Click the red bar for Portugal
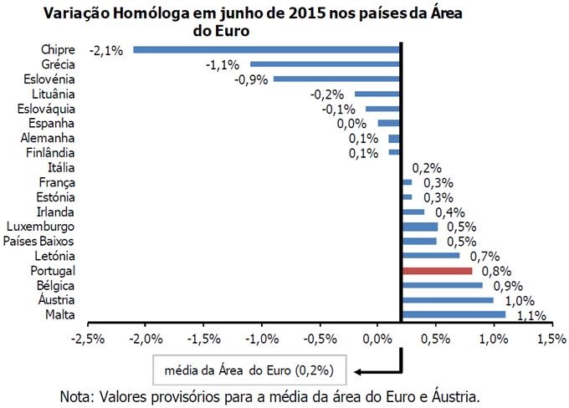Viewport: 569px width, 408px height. click(437, 271)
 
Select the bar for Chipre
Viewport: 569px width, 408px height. click(268, 49)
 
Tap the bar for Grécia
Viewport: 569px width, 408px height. click(326, 64)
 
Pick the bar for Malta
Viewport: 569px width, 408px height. click(454, 314)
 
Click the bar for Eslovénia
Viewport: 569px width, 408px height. click(337, 79)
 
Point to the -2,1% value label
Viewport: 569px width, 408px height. click(108, 50)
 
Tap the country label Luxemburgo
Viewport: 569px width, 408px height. click(40, 227)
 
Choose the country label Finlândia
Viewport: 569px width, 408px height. click(50, 153)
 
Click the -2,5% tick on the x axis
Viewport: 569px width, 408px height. click(88, 339)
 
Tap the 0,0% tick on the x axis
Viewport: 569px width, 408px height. click(377, 339)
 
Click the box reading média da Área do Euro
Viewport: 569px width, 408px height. click(249, 369)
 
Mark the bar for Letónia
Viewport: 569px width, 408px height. click(431, 256)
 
